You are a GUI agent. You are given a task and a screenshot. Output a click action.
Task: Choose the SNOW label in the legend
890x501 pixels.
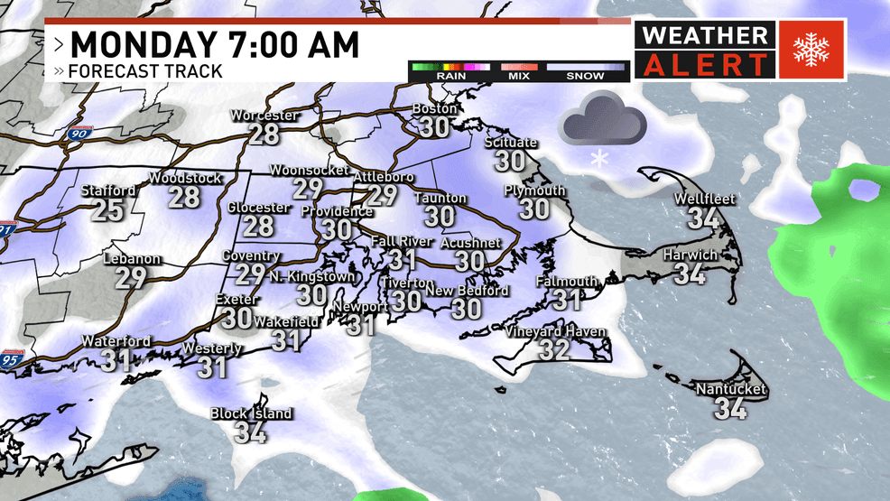coord(585,77)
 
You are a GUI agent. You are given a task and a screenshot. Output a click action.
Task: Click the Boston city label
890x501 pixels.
coord(435,108)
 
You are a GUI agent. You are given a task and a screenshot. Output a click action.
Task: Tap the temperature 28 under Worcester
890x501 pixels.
coord(264,135)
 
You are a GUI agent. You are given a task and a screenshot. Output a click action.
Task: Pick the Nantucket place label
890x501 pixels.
coord(730,389)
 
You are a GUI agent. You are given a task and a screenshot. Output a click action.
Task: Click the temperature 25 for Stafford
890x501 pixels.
coord(108,210)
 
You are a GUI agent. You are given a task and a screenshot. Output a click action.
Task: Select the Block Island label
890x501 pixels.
coord(251,413)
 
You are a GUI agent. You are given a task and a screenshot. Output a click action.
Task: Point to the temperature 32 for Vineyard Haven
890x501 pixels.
coord(554,349)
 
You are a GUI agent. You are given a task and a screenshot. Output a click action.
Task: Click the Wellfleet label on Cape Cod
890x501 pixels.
coord(705,199)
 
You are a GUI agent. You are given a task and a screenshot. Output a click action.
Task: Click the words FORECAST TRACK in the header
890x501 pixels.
coord(145,71)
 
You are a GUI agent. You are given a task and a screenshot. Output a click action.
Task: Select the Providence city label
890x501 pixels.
coord(337,211)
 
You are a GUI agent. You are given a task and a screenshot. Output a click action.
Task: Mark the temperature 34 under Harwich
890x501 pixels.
coord(690,273)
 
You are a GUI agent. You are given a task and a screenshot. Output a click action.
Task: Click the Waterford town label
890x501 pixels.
coord(116,341)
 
